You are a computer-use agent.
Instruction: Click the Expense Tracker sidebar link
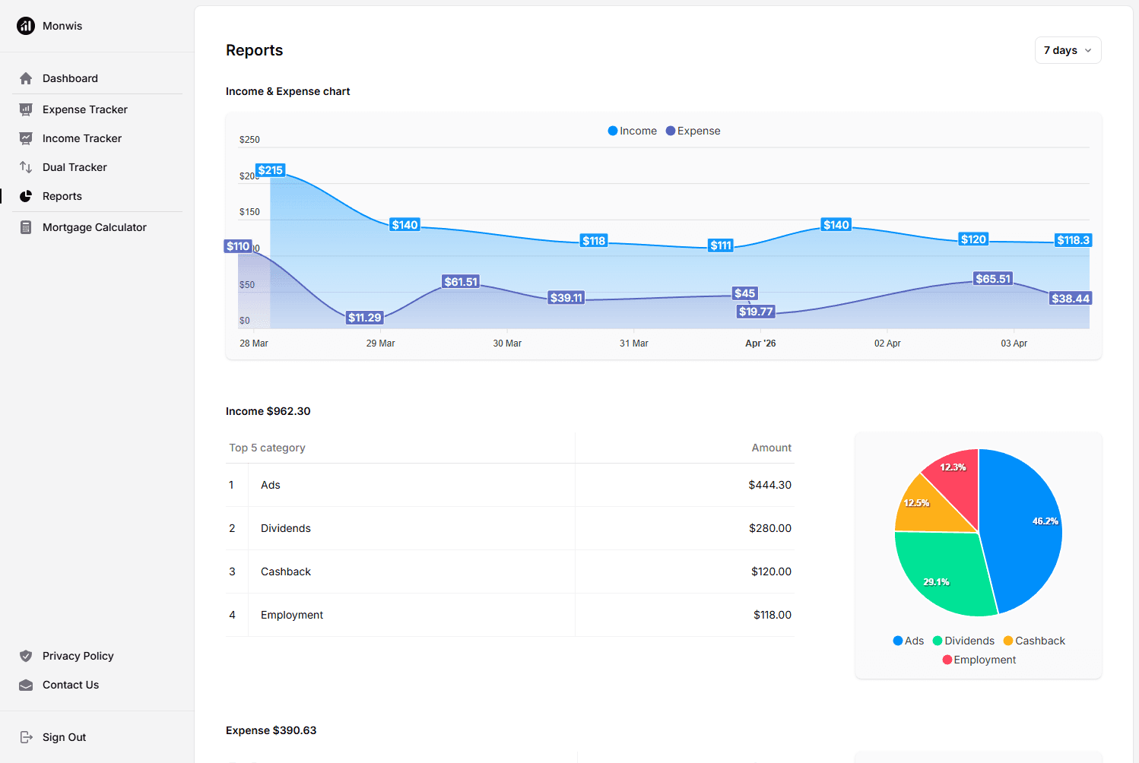click(84, 109)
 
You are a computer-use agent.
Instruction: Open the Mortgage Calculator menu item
click(94, 227)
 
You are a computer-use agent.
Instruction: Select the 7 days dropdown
click(1068, 50)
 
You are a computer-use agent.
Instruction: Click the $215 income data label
click(270, 170)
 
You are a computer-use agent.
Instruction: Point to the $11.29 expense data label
click(364, 318)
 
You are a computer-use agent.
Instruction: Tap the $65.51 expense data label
click(993, 279)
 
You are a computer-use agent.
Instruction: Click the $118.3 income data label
click(1073, 240)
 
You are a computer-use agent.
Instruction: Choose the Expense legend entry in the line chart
click(693, 131)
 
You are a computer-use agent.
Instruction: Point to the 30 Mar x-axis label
click(507, 344)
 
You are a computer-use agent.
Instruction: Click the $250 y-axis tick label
click(249, 140)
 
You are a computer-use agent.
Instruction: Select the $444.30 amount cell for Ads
click(769, 485)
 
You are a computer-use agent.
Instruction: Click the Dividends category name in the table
click(286, 528)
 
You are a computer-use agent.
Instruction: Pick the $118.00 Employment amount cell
click(772, 615)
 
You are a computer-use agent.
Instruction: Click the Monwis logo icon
click(26, 26)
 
